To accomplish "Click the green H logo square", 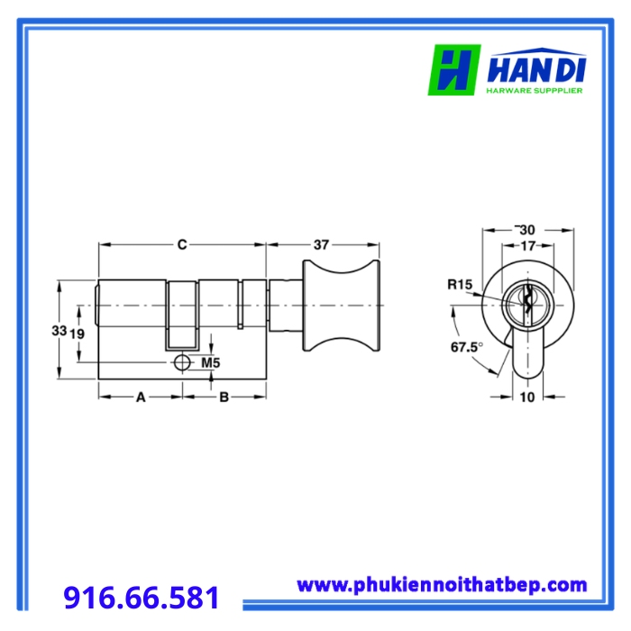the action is point(454,69).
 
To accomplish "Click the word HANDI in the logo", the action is point(536,70).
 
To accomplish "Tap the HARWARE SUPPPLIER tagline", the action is point(535,90).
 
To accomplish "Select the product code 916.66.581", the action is point(142,597).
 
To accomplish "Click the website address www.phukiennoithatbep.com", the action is point(442,585).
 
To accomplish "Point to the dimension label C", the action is point(182,244).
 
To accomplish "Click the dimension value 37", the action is point(321,244).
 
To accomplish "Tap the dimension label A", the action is point(141,398).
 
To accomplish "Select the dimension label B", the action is point(224,398).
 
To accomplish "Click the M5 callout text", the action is point(210,363).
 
